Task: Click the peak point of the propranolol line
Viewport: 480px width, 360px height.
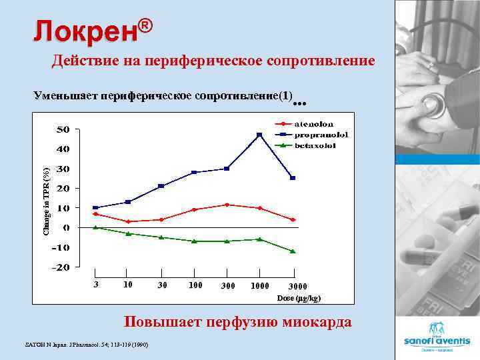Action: (x=259, y=135)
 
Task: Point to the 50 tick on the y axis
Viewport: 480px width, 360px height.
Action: (x=62, y=129)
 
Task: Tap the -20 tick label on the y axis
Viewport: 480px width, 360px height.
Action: (x=61, y=267)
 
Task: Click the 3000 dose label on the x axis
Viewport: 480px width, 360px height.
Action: (x=298, y=287)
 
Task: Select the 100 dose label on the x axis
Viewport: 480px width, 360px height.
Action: (x=195, y=285)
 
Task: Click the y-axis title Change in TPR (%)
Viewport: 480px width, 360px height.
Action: (x=47, y=201)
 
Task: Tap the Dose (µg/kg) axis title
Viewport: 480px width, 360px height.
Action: (x=299, y=297)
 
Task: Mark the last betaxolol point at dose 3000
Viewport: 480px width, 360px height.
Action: (x=293, y=251)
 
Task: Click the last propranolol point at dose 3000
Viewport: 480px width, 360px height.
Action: (x=293, y=178)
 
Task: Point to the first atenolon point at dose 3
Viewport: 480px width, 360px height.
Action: (x=96, y=214)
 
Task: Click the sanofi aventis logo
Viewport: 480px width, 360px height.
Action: (x=437, y=333)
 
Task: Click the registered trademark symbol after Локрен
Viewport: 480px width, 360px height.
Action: (x=147, y=25)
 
